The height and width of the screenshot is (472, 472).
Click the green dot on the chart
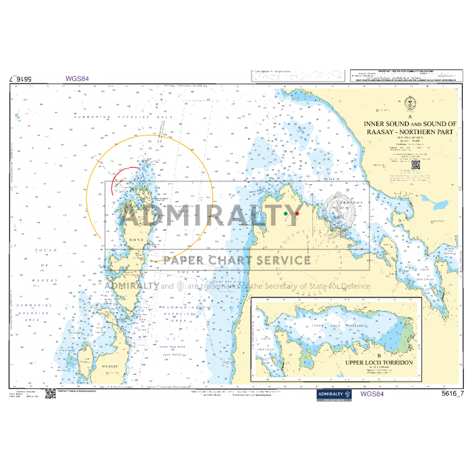pyautogui.click(x=286, y=214)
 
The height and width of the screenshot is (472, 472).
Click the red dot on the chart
pyautogui.click(x=297, y=214)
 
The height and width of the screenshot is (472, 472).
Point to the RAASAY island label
pyautogui.click(x=90, y=365)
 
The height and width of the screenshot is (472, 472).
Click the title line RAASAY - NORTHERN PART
pyautogui.click(x=410, y=133)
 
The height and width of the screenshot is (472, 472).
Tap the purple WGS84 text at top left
pyautogui.click(x=77, y=78)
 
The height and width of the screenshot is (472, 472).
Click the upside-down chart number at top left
pyautogui.click(x=24, y=79)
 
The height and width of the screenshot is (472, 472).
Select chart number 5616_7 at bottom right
pyautogui.click(x=452, y=394)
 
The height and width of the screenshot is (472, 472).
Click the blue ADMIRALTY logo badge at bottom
pyautogui.click(x=334, y=395)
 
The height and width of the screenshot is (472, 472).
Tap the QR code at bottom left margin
pyautogui.click(x=50, y=393)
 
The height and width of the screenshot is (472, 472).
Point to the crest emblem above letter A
pyautogui.click(x=411, y=105)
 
